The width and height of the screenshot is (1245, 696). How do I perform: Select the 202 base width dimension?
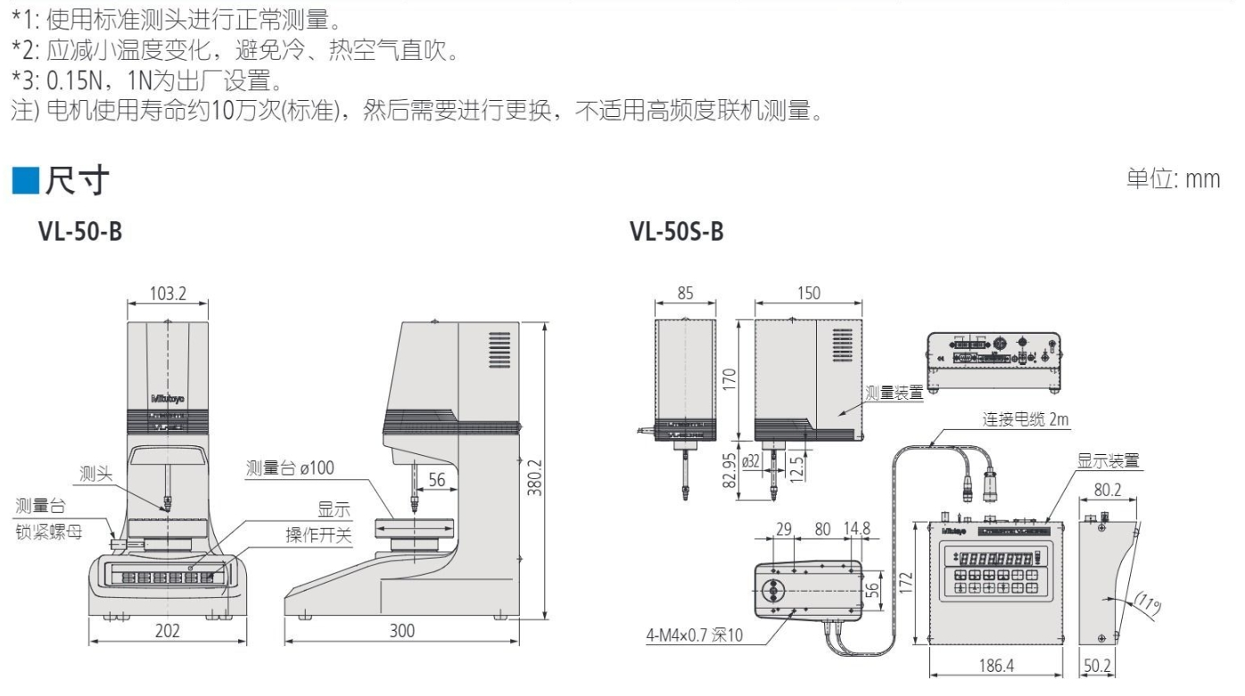pyautogui.click(x=167, y=631)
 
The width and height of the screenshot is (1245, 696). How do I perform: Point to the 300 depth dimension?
pyautogui.click(x=402, y=631)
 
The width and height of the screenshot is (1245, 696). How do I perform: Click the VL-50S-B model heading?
pyautogui.click(x=676, y=234)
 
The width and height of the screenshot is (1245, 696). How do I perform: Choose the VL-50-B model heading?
pyautogui.click(x=79, y=234)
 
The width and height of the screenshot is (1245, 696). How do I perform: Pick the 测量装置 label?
pyautogui.click(x=895, y=394)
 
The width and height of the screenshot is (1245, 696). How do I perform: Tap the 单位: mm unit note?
pyautogui.click(x=1173, y=178)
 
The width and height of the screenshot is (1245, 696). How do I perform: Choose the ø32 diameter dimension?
pyautogui.click(x=751, y=460)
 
